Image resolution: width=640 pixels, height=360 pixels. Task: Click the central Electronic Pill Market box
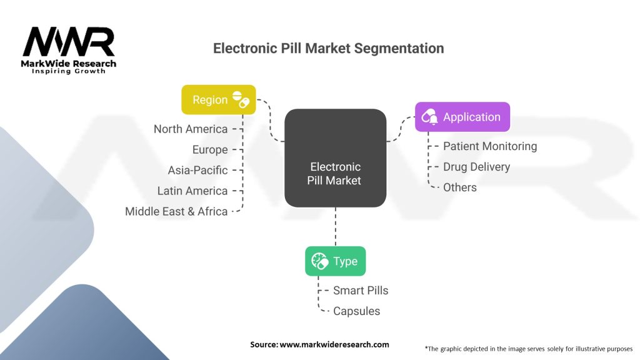point(335,158)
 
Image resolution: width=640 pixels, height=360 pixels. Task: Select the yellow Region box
point(218,99)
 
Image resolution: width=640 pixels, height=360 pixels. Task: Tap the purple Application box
point(462,117)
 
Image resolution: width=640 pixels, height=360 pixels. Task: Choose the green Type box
point(335,261)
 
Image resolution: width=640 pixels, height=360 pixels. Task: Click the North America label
point(191,129)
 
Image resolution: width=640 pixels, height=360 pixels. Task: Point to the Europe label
point(210,149)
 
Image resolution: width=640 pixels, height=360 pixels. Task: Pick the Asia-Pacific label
point(197,170)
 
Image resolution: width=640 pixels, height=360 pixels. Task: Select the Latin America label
point(192,191)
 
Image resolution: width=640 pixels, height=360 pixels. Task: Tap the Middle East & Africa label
point(176,211)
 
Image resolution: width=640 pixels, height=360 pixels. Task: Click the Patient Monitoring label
point(490,146)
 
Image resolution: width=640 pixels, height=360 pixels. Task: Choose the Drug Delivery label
point(476,167)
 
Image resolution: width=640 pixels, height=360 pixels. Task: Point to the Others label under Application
point(459,187)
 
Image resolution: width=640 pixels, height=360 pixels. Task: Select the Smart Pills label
point(361,291)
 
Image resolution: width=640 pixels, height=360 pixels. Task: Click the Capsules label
point(356,311)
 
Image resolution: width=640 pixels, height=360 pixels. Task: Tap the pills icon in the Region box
point(241,99)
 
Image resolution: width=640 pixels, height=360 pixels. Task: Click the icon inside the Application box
point(430,117)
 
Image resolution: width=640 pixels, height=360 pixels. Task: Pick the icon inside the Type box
point(320,261)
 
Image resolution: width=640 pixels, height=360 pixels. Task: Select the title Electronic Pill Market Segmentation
point(329,49)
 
